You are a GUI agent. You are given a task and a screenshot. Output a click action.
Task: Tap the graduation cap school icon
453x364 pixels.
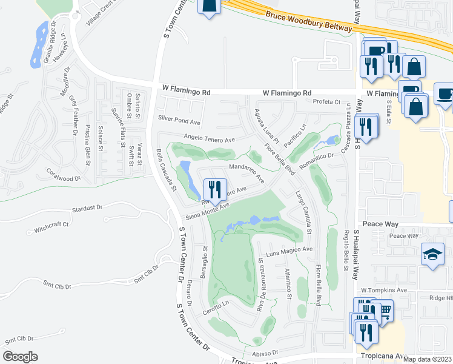[433, 256]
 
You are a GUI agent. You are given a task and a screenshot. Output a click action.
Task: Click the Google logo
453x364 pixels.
[20, 357]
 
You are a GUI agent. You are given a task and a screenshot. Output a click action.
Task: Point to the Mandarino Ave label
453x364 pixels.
[246, 172]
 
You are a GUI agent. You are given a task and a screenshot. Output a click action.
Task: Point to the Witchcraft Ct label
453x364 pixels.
[51, 227]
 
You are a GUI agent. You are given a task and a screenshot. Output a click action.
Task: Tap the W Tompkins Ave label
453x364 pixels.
[384, 291]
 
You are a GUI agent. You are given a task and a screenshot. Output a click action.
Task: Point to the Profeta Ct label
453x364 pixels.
[327, 102]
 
